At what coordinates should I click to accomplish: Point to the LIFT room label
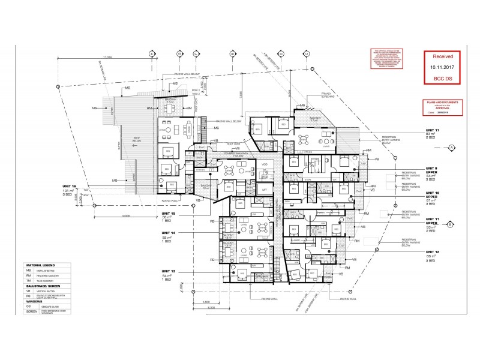pyautogui.click(x=265, y=188)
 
